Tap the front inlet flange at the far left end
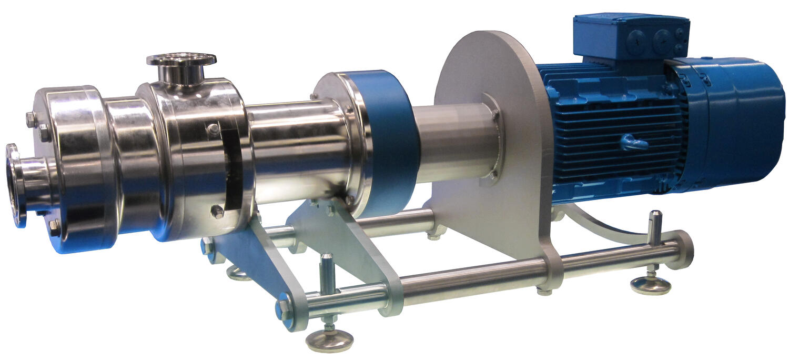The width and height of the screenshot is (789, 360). coord(15,184)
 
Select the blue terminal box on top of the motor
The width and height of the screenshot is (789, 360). coord(631,36)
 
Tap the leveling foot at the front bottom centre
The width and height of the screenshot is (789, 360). coord(329,339)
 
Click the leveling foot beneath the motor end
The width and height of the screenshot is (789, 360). coord(651,285)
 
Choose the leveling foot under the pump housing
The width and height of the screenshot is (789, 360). coord(238,273)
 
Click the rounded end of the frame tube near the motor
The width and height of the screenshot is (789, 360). coord(684,248)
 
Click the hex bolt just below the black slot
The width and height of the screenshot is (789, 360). coord(216,212)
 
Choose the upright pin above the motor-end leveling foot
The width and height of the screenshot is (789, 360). coord(655,224)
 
